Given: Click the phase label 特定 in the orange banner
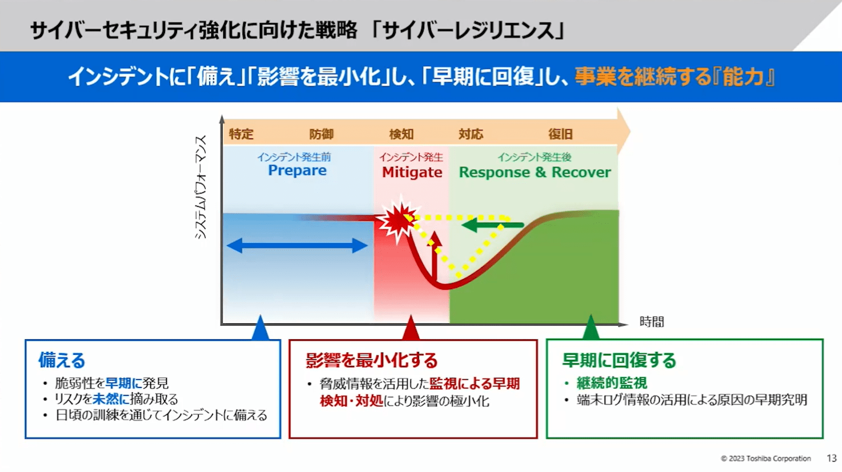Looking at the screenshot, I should pos(241,134).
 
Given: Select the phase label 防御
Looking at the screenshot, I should pos(321,134).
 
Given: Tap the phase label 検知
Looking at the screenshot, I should pos(401,134).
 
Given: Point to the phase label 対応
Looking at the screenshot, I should pos(471,134).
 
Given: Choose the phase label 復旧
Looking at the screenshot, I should pos(560,134).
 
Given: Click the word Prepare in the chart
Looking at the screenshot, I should pos(297,171).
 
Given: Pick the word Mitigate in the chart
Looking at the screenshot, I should pos(412,172).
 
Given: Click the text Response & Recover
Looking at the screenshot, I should pos(535,172).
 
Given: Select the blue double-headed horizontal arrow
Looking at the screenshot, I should pos(297,245).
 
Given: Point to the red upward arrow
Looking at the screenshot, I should pos(434,257).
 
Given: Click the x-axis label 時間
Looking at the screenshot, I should pos(652,322).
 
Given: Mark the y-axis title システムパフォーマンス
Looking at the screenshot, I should pos(201,187).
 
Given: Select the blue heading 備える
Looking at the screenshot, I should pos(61,360).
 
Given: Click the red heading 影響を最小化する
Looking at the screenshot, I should pos(371,360).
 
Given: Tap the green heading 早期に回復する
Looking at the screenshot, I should pos(619,360).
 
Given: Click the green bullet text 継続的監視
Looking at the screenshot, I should pos(611,383).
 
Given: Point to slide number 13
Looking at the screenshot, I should pos(831,458).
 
